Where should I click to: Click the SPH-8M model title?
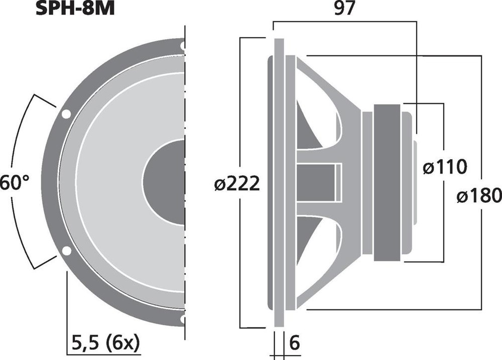[x=75, y=9]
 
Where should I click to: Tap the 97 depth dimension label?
[x=344, y=9]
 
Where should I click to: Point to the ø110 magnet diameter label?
[x=445, y=167]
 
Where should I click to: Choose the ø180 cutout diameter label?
[x=479, y=196]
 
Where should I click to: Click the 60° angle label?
[x=15, y=183]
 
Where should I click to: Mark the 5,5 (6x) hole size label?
[x=106, y=343]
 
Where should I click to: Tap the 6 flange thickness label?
[x=294, y=343]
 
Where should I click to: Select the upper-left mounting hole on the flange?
[x=66, y=114]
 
